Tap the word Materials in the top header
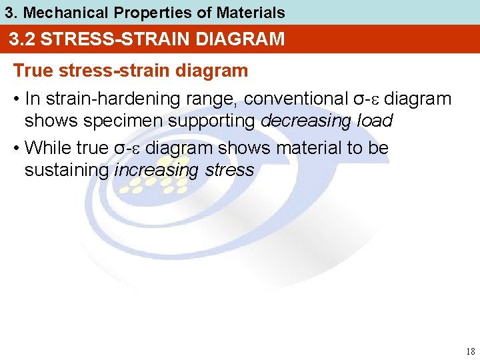[x=251, y=12]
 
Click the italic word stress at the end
[x=229, y=170]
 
